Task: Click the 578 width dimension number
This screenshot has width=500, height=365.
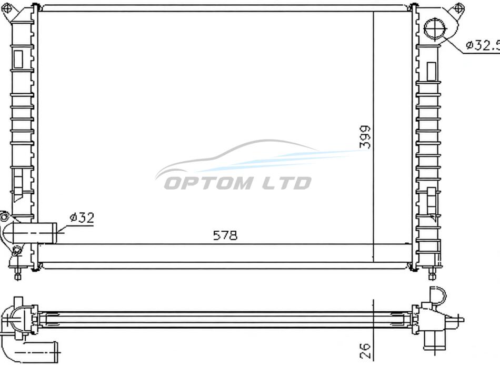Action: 225,235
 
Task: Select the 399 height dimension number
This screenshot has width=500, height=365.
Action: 365,137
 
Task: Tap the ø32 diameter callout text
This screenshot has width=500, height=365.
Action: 82,218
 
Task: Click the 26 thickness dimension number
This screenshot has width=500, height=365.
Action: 365,350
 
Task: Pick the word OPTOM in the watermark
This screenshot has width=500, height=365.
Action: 208,183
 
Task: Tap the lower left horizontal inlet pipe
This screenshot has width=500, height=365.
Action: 34,233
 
